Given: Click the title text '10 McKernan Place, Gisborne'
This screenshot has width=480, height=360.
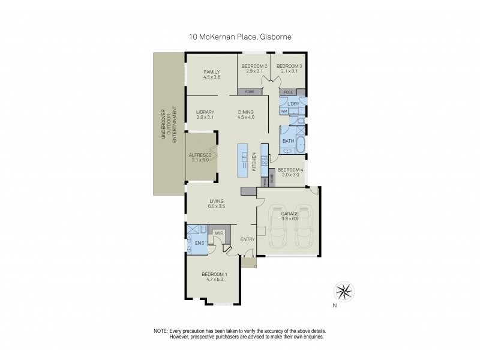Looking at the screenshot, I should pos(240,37).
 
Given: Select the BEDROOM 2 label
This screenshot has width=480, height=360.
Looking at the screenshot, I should pos(254,65).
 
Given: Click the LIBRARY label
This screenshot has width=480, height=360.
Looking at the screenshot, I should pos(205,112).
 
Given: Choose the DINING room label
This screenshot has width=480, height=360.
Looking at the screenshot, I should pos(245,112).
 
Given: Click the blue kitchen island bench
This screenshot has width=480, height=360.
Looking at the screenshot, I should pos(243,160).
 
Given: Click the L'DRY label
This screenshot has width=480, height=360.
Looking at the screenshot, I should pos(293,104).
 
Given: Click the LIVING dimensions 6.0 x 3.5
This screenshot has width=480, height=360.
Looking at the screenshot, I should pos(216,206).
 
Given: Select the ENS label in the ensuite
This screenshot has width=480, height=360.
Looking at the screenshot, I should pos(199,243).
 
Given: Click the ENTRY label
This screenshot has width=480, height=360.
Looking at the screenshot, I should pos(247,239).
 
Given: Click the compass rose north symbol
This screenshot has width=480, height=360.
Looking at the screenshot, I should pos(344,292).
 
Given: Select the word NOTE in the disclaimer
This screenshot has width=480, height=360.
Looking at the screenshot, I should pos(160,331).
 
